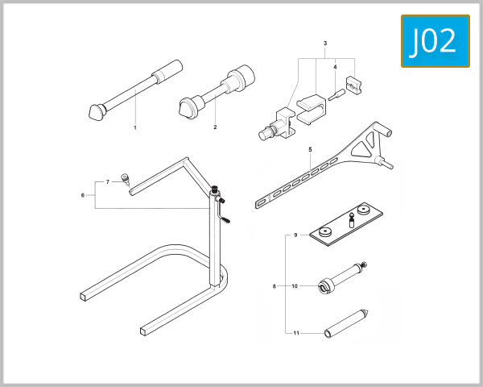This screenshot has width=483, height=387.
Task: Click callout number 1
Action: (134, 127)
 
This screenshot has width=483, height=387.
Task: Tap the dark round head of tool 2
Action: (188, 106)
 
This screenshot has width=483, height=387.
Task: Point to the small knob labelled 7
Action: (125, 178)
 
